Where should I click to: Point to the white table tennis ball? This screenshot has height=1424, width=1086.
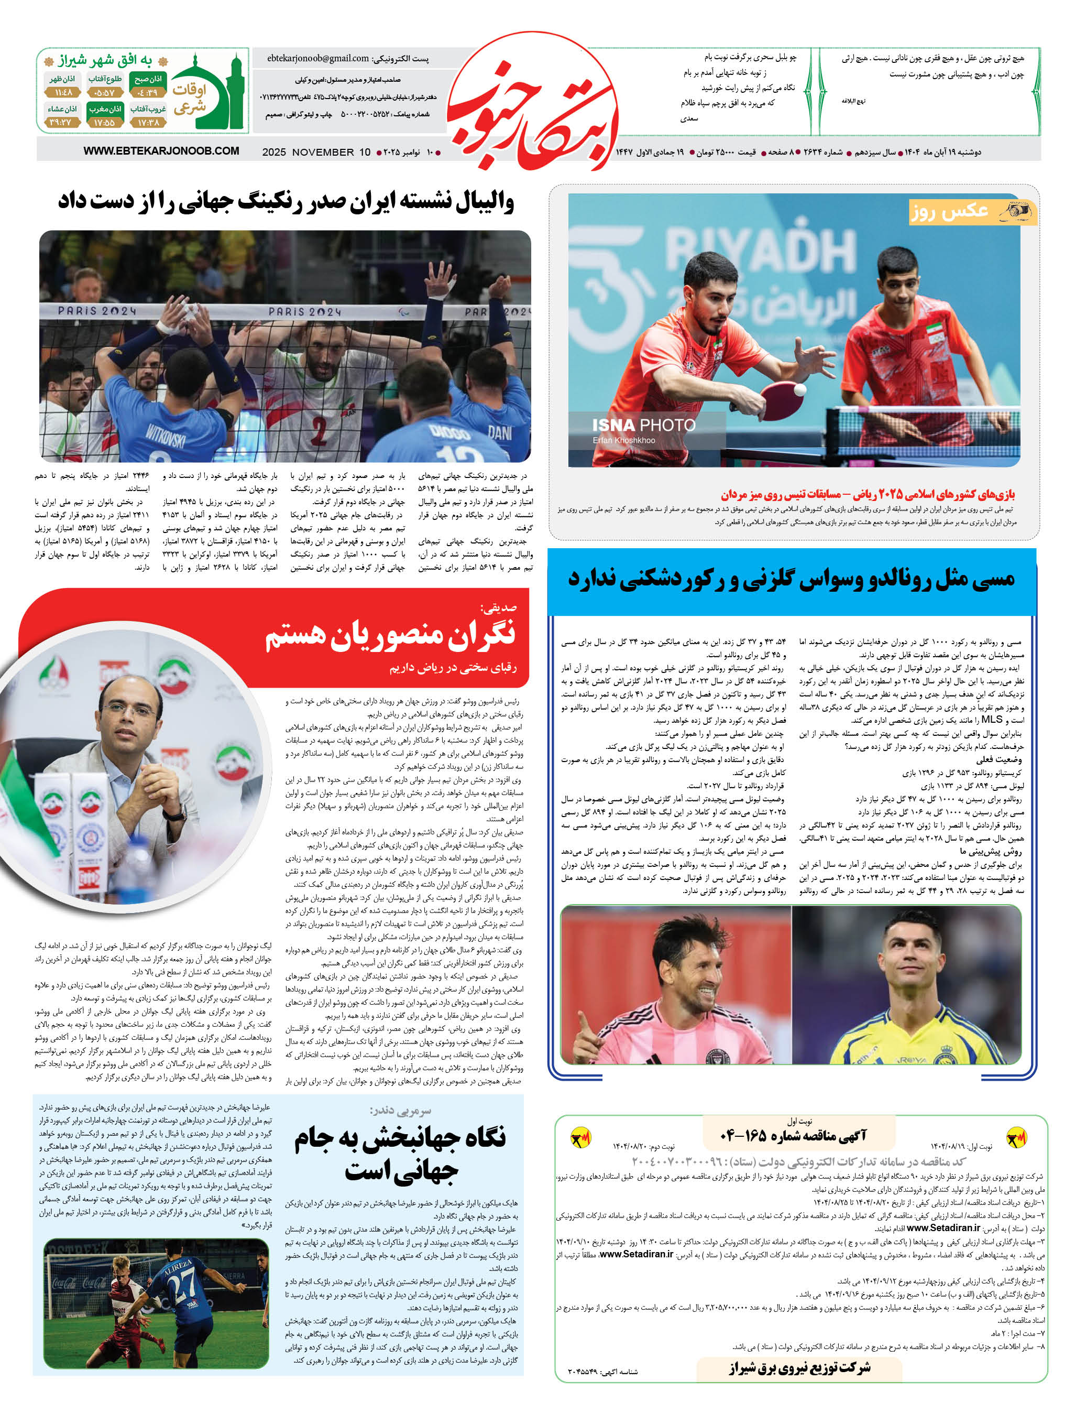coord(800,390)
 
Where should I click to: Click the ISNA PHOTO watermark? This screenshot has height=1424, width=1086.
coord(643,425)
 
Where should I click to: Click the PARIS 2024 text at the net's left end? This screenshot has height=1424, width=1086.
coord(97,311)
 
